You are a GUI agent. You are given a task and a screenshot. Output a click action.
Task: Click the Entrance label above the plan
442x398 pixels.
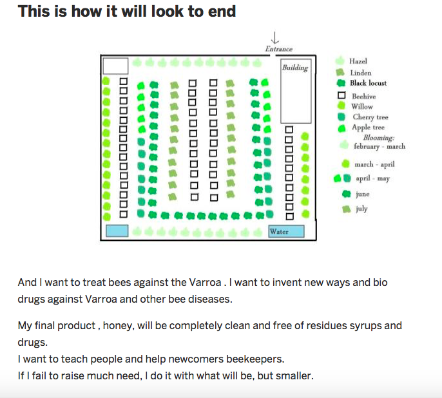[279, 49]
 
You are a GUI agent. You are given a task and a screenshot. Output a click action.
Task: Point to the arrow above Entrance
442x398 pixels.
[276, 38]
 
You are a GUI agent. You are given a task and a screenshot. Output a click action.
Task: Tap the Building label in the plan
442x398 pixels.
[295, 68]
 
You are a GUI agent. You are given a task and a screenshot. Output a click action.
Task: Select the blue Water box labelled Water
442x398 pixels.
[286, 232]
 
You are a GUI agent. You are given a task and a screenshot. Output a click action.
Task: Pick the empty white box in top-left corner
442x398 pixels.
[116, 66]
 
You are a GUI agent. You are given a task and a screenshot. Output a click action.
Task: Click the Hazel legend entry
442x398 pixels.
[358, 61]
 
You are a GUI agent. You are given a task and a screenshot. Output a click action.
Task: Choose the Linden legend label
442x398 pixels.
[361, 73]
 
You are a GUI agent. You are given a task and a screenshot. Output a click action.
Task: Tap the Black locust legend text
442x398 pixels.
[369, 83]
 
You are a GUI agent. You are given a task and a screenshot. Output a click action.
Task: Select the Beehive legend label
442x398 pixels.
[363, 96]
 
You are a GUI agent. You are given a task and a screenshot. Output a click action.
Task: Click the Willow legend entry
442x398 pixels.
[362, 106]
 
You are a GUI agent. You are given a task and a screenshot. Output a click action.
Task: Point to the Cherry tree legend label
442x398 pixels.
[370, 117]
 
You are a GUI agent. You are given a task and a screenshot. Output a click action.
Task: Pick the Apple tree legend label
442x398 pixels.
[368, 128]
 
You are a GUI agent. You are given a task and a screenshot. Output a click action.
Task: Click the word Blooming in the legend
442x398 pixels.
[378, 138]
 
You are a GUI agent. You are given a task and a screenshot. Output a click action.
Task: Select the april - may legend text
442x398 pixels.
[372, 178]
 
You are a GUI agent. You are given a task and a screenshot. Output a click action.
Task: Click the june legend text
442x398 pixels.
[362, 194]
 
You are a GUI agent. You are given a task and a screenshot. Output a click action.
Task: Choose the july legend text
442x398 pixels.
[361, 209]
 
